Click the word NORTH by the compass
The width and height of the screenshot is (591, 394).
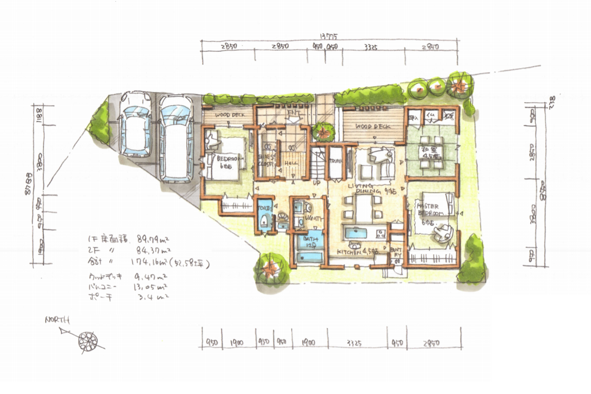pyautogui.click(x=57, y=320)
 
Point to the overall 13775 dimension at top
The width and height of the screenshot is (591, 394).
pyautogui.click(x=329, y=37)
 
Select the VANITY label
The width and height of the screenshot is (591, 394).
pyautogui.click(x=314, y=218)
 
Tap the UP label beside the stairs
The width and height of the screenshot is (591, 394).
pyautogui.click(x=316, y=183)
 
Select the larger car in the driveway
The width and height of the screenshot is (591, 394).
pyautogui.click(x=176, y=138)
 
